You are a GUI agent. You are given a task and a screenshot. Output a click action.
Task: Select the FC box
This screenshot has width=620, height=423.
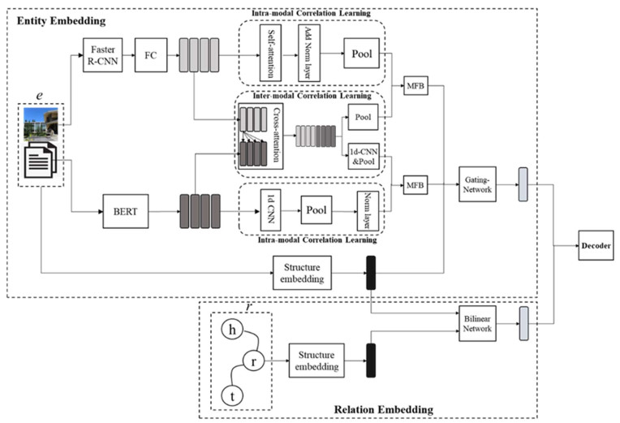[x=150, y=54]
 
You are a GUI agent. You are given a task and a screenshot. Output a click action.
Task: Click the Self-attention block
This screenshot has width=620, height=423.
[x=269, y=56]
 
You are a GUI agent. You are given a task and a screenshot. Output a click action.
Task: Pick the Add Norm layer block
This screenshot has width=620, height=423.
[x=307, y=56]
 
